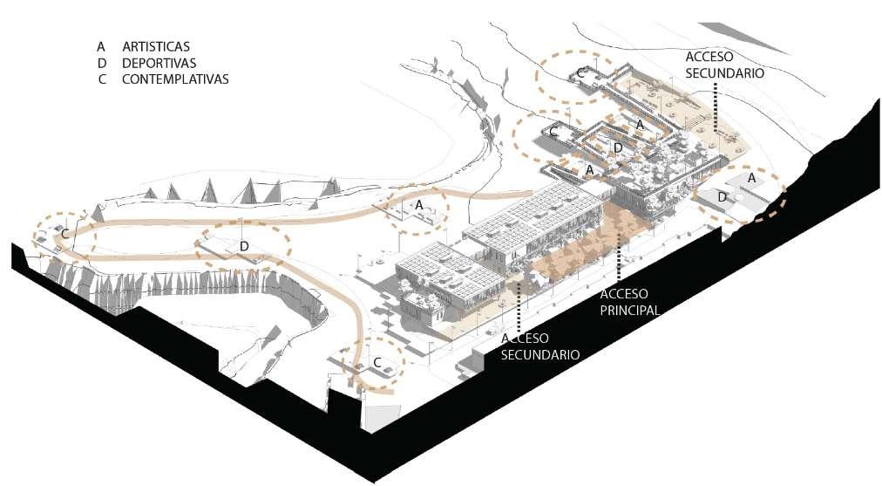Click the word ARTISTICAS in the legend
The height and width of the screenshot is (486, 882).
[156, 46]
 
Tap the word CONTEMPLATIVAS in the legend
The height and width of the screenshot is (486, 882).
[175, 79]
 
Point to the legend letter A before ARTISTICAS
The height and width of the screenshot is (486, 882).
[101, 46]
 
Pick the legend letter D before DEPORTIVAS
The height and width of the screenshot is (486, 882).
[102, 63]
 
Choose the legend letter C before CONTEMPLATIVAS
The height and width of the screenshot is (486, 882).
[102, 79]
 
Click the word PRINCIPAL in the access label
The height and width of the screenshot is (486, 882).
[629, 310]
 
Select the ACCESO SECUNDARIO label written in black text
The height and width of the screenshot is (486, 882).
[724, 65]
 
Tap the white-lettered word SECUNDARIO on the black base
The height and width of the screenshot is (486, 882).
[540, 354]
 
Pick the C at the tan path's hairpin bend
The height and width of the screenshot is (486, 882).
[64, 234]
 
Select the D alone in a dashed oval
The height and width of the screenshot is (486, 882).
[244, 247]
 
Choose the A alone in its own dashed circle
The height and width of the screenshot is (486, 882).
[419, 204]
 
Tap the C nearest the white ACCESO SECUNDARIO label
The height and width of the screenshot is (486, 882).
[377, 361]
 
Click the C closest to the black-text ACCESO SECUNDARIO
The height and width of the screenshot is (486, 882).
[581, 73]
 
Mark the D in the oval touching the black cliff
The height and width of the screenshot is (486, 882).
[722, 197]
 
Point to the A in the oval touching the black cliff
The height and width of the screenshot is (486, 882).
[751, 178]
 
